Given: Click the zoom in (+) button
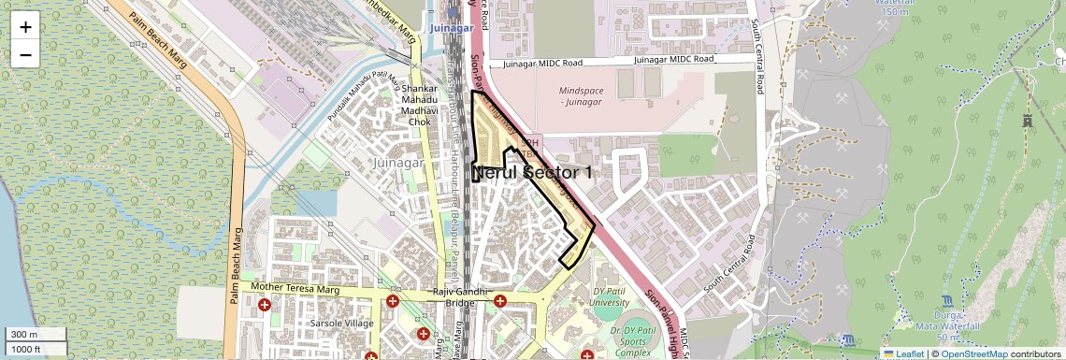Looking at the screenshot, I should (x=25, y=26).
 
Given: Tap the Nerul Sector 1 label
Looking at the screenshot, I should (x=533, y=173).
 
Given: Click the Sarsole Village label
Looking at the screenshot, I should (x=341, y=323).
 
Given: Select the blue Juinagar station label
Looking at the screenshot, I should (x=453, y=28).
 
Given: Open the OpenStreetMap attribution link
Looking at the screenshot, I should (x=973, y=353).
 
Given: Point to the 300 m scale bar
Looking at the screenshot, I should (x=35, y=335).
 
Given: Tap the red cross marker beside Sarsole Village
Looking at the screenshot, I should (x=265, y=305).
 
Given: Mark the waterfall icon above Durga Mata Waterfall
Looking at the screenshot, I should (x=948, y=301).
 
